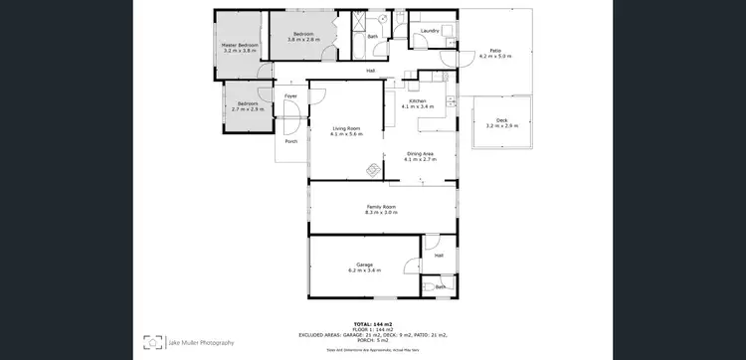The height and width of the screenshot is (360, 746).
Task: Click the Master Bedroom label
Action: [x=240, y=45]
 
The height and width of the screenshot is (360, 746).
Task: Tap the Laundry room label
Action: [x=430, y=31]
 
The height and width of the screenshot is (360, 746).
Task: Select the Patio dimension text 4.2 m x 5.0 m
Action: [x=494, y=57]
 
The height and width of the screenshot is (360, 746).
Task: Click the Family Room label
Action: [x=381, y=206]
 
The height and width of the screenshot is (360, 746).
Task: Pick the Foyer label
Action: [x=290, y=95]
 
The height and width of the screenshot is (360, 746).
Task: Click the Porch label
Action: [x=290, y=141]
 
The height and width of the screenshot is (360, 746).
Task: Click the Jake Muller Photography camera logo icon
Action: [x=152, y=342]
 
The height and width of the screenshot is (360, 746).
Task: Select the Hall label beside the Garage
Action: [x=438, y=255]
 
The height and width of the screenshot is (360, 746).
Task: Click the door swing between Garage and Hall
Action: [x=413, y=265]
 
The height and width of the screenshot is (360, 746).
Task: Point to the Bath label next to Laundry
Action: [x=373, y=37]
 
